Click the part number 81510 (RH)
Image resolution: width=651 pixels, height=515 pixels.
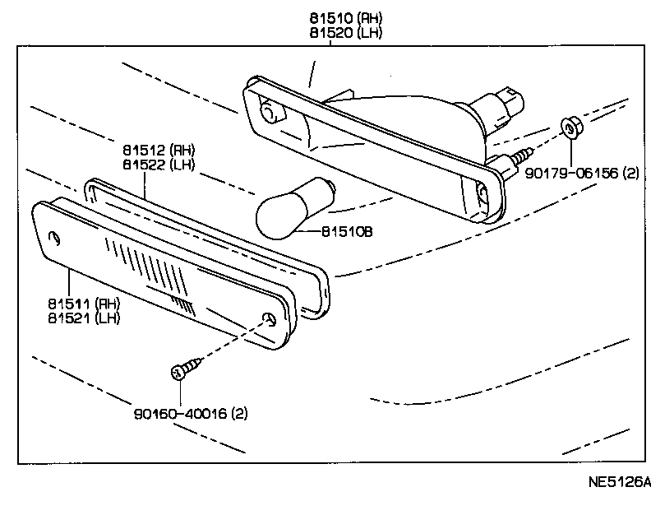pyautogui.click(x=346, y=18)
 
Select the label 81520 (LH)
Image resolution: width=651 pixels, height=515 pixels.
pyautogui.click(x=346, y=33)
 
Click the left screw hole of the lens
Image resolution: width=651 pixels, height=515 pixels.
pyautogui.click(x=56, y=238)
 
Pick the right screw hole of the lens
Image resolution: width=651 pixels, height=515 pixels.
pyautogui.click(x=268, y=320)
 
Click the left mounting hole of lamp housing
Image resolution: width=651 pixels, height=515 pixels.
pyautogui.click(x=268, y=112)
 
